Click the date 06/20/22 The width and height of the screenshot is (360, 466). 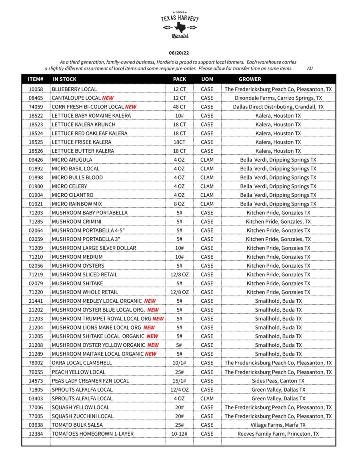(x=179, y=53)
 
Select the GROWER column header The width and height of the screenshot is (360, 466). (x=250, y=79)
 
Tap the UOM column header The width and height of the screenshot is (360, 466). (x=207, y=79)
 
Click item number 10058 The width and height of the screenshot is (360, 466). (x=36, y=89)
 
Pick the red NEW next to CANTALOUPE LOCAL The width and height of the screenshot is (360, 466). (x=108, y=98)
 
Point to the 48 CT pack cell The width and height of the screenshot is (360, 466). (x=179, y=107)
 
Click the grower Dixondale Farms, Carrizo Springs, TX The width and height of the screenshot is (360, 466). (x=278, y=98)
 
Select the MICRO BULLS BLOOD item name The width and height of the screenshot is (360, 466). (x=77, y=178)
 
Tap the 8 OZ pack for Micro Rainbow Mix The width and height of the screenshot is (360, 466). (x=179, y=204)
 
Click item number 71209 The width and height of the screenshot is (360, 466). (x=36, y=248)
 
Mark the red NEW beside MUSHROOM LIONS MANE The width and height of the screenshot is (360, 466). (x=149, y=328)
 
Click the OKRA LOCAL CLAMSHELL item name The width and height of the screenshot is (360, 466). (x=82, y=363)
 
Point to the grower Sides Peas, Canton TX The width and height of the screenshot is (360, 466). (x=278, y=381)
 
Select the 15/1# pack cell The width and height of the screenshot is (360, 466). (x=179, y=381)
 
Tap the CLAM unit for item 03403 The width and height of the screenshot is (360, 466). (x=207, y=398)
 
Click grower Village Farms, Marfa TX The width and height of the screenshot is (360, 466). (x=278, y=425)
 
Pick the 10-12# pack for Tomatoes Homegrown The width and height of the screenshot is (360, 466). (x=179, y=434)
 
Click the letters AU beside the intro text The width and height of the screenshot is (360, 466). (x=310, y=68)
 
